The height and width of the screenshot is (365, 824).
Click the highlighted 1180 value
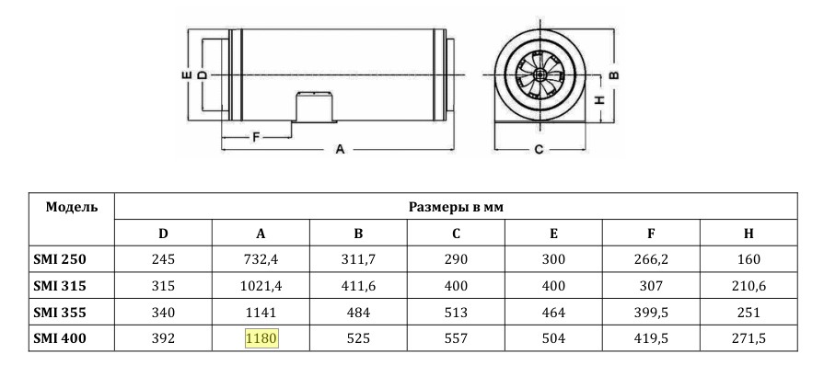tap(261, 338)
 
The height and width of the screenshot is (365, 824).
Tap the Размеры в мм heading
tap(456, 207)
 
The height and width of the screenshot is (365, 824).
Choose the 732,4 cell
tap(261, 259)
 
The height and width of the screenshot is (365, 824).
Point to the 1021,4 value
tap(261, 286)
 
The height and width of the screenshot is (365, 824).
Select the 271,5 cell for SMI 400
tap(749, 339)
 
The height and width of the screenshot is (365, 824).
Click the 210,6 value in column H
tap(749, 286)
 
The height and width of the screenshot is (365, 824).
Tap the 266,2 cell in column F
tap(651, 259)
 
